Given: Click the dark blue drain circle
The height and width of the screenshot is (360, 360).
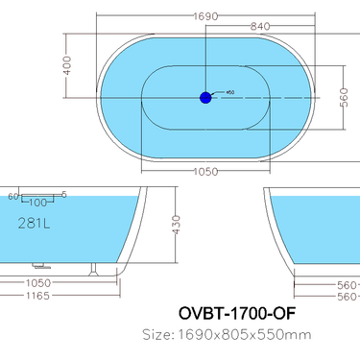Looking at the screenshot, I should pos(205,97).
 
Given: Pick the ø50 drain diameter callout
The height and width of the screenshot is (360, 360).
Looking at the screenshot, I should pos(228,93).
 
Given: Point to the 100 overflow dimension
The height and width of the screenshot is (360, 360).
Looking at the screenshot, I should pos(37,203).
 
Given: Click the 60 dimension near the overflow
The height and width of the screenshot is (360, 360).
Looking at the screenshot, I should pos(12,196).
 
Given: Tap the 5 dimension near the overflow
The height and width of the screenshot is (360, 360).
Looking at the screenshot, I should pos(63,195).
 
